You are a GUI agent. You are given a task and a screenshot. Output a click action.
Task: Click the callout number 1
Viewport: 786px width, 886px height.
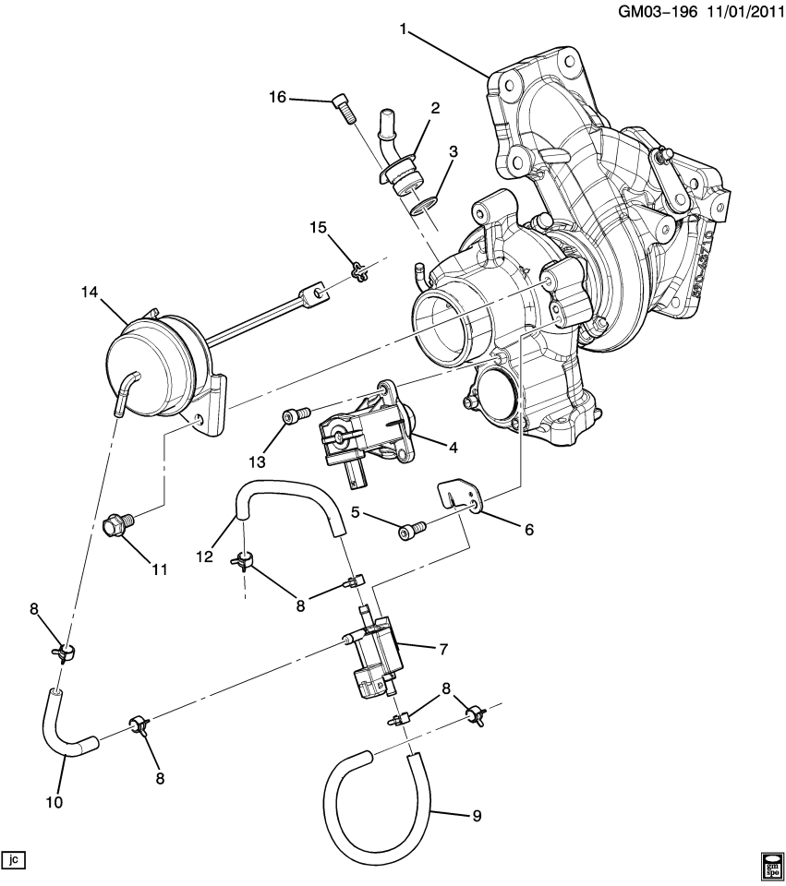click(x=403, y=30)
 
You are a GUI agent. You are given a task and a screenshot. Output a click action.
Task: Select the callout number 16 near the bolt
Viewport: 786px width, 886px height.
click(x=278, y=98)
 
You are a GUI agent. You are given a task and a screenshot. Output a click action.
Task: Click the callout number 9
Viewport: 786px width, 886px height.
click(x=476, y=816)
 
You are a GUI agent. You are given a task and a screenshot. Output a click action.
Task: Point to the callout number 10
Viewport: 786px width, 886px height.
click(x=54, y=803)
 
